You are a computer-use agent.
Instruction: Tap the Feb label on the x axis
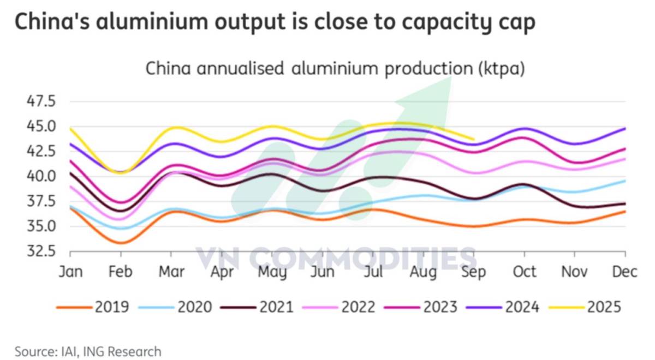120,272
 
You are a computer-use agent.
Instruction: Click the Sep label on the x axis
473,272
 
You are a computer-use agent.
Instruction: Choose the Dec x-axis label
625,272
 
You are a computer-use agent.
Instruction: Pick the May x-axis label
272,272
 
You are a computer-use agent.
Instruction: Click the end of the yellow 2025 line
473,140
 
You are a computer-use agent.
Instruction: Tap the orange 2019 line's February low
121,243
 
